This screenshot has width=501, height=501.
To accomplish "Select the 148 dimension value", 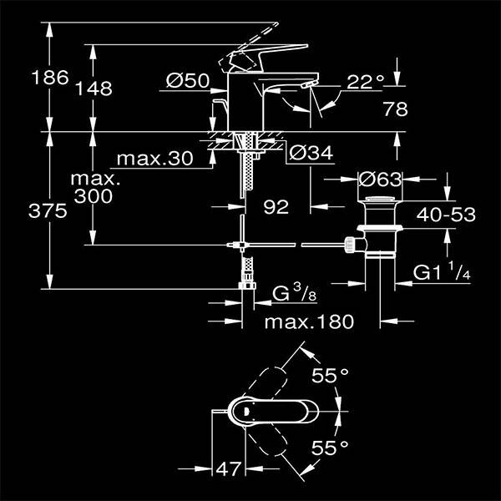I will point(94,88).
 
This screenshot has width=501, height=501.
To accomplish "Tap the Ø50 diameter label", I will point(187,81).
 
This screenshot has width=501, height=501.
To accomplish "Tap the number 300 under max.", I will point(94,196).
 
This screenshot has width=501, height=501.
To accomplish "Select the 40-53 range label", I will point(447,215).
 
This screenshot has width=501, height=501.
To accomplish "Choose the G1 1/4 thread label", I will point(444,272).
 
